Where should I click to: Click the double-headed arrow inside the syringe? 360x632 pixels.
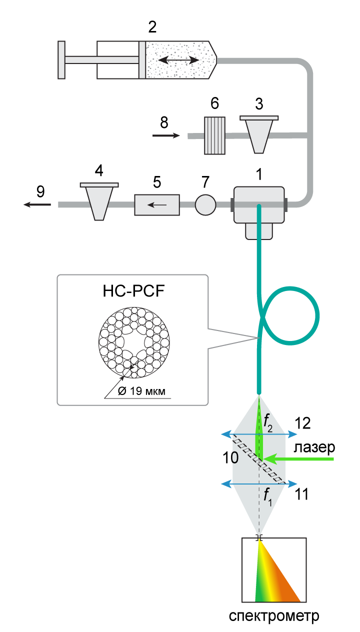click(x=178, y=60)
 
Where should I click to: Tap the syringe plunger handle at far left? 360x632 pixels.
click(x=61, y=60)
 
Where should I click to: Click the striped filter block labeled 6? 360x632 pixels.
click(x=214, y=135)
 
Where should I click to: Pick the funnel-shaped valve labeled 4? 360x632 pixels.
click(x=99, y=200)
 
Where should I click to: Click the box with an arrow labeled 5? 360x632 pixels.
click(x=157, y=204)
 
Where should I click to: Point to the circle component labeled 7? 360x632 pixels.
click(x=205, y=204)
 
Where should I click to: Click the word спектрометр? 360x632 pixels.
click(x=273, y=615)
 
